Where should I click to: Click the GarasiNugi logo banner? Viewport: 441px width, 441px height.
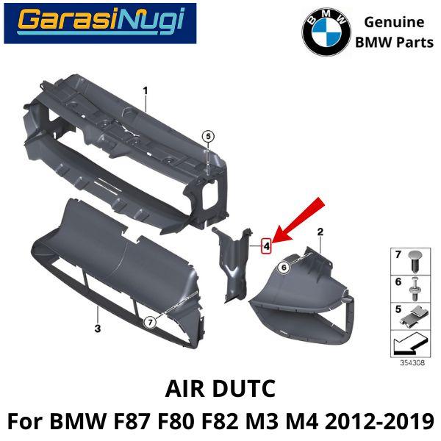tap(100, 24)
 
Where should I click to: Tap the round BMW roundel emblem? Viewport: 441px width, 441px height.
tap(326, 32)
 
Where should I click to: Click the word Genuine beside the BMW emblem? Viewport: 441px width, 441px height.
tap(394, 23)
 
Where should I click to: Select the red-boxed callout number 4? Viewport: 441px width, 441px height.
tap(266, 245)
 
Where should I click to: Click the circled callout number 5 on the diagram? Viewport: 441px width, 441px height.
tap(208, 137)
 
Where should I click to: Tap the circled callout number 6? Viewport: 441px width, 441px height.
tap(284, 267)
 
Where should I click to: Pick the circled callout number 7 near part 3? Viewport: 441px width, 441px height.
tap(150, 323)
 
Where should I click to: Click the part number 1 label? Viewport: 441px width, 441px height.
tap(146, 91)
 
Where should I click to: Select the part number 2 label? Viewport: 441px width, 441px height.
tap(320, 232)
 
